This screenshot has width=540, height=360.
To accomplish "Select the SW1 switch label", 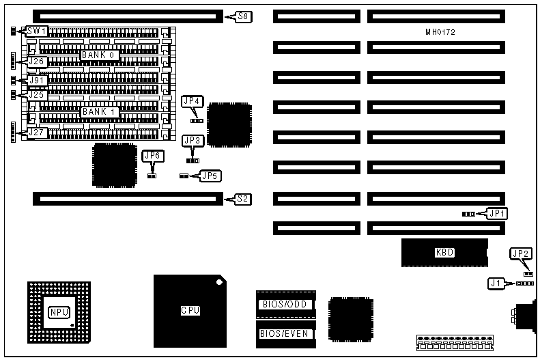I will (x=36, y=31).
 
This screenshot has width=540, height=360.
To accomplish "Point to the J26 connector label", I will (x=36, y=61).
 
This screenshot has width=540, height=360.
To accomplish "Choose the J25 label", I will (x=36, y=94).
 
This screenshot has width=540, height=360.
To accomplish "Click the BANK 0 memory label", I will (x=100, y=55).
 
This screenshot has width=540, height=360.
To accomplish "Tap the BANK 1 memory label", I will (x=100, y=111).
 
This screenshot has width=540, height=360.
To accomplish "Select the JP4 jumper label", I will (x=193, y=101).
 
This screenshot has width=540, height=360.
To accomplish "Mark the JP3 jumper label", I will (x=193, y=141).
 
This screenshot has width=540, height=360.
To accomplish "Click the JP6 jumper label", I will (x=152, y=156).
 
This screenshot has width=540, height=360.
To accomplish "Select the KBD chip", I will (x=444, y=253).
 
